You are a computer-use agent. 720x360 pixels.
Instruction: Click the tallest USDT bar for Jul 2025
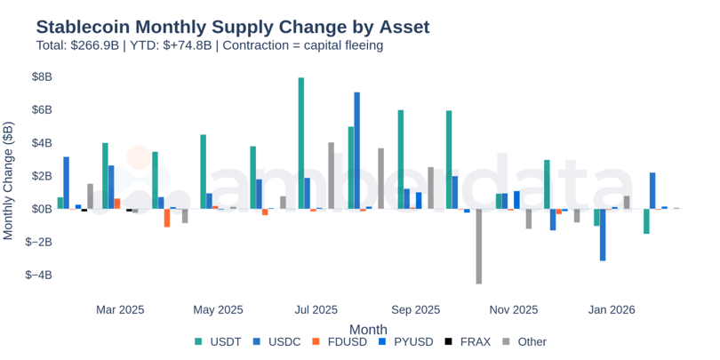301,143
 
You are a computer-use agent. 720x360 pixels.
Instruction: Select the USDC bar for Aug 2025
356,150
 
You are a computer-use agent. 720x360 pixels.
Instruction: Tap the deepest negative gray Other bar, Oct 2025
478,246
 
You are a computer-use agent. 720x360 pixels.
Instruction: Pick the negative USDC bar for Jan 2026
603,235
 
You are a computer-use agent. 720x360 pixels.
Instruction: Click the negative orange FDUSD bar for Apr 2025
167,218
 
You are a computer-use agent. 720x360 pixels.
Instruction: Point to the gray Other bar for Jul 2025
331,175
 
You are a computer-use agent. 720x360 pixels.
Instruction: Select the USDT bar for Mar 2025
105,175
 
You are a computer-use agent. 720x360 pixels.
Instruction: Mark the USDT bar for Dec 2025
547,184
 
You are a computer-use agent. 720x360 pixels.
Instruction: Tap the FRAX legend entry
467,342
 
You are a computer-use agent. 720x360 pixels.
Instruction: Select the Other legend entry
524,342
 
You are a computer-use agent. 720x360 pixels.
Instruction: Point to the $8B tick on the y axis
41,77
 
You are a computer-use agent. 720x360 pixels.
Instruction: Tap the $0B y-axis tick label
41,209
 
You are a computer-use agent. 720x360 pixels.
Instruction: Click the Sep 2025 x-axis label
415,310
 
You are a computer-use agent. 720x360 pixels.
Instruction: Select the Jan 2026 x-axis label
611,310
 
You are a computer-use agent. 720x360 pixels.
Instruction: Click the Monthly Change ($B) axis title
9,181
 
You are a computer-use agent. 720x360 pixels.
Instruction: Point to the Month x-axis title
368,329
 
